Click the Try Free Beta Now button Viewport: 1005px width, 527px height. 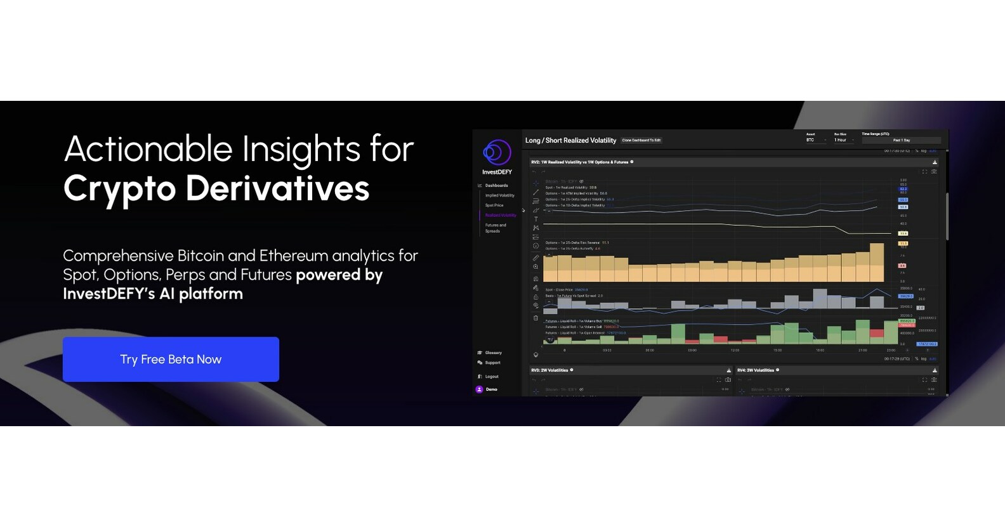point(171,360)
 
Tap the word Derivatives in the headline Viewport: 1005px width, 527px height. point(277,189)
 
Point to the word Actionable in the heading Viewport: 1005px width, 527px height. point(148,150)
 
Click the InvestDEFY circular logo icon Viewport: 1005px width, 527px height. point(497,153)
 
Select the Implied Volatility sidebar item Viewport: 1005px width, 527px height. point(500,195)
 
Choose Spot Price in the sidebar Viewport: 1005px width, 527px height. point(494,205)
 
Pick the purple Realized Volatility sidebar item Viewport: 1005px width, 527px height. point(501,216)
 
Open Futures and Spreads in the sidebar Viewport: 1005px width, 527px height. point(496,228)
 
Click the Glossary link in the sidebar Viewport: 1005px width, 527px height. point(493,353)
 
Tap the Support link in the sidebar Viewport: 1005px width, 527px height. point(492,363)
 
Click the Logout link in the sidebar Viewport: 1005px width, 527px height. point(492,377)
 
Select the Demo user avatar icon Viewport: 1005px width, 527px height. point(479,389)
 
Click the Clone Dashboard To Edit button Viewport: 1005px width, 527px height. point(641,140)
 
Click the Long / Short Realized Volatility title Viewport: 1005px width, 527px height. point(570,140)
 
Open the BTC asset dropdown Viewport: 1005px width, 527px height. point(816,140)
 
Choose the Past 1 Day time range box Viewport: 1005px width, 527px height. point(901,140)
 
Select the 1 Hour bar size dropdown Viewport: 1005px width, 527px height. point(844,140)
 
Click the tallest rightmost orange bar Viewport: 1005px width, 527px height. point(876,263)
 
